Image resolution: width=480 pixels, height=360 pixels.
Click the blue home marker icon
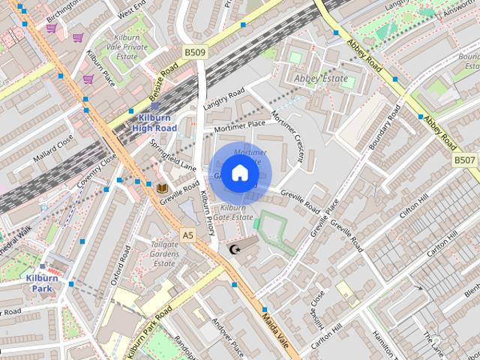tap(239, 173)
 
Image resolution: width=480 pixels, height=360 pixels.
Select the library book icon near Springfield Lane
tap(162, 187)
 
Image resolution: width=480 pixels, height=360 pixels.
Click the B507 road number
tap(465, 160)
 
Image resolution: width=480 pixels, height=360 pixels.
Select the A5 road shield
tap(187, 235)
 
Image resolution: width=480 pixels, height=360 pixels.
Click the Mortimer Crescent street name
tap(289, 139)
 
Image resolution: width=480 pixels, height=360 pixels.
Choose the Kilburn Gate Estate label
tap(232, 211)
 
